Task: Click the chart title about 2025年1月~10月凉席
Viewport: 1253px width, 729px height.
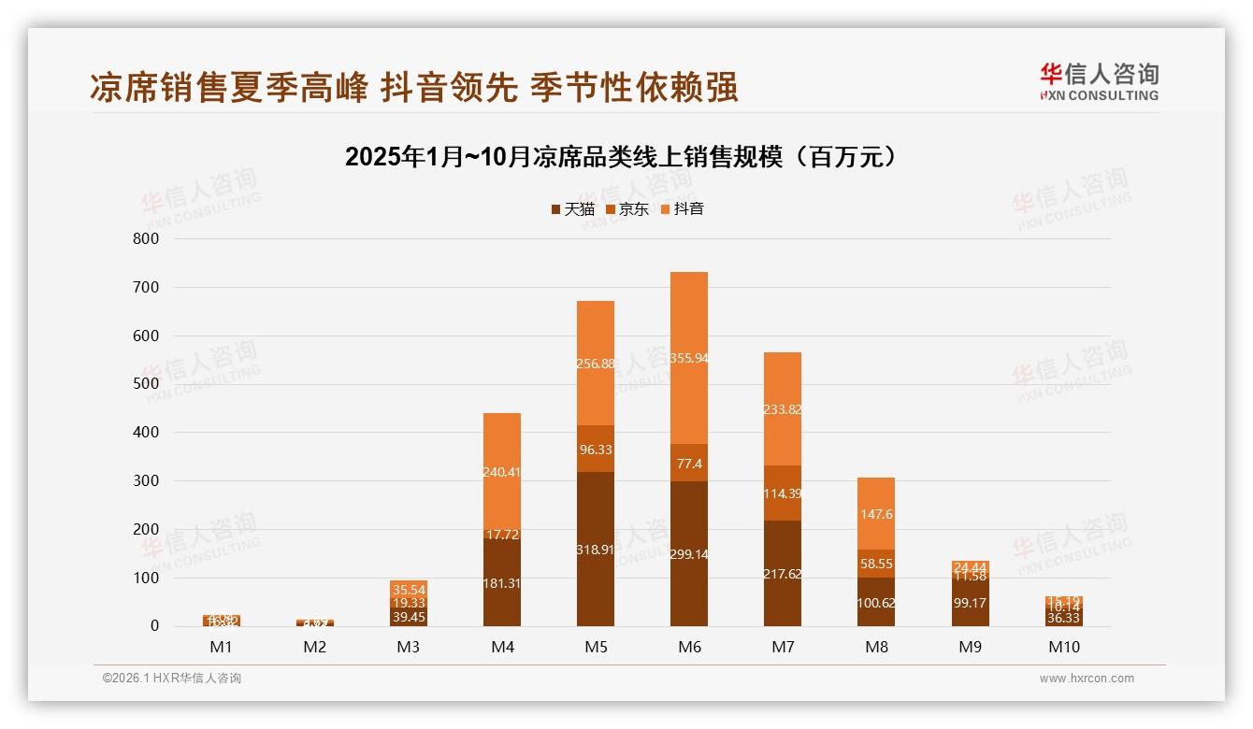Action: (621, 157)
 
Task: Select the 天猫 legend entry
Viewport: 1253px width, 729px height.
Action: (572, 208)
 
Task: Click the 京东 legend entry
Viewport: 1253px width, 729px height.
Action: (626, 208)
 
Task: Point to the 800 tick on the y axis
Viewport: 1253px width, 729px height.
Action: (147, 238)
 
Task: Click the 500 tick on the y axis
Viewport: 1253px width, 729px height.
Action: (147, 384)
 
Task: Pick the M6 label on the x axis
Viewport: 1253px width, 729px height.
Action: (689, 647)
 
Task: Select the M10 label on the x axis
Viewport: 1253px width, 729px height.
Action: (1063, 647)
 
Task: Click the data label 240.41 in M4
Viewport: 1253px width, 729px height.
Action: (502, 472)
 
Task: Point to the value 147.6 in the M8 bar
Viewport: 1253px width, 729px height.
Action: (876, 514)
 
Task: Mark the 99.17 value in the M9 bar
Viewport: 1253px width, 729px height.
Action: (970, 603)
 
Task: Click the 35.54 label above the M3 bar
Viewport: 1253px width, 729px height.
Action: (409, 590)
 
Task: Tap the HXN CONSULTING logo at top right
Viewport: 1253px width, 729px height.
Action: (1099, 81)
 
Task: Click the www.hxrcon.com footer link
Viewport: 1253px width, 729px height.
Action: (1087, 679)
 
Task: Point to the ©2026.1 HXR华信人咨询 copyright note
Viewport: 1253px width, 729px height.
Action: (172, 679)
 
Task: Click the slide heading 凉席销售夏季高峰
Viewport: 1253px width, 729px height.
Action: (228, 87)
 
